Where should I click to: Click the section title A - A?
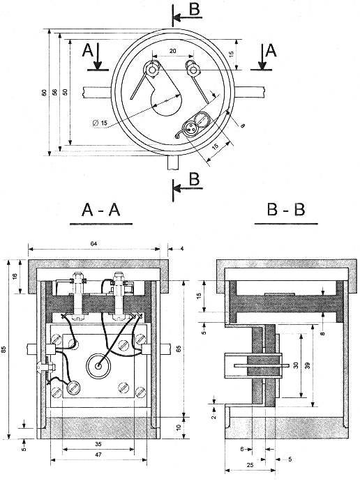coord(101,210)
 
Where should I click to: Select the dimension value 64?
coord(93,244)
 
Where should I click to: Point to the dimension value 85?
coord(3,349)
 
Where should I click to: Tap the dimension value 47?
coord(98,455)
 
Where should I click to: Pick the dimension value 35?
coord(98,444)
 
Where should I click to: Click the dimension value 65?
coord(179,349)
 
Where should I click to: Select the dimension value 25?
coord(250,465)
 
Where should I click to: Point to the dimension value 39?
coord(308,365)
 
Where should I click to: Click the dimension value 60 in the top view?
coord(44,92)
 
